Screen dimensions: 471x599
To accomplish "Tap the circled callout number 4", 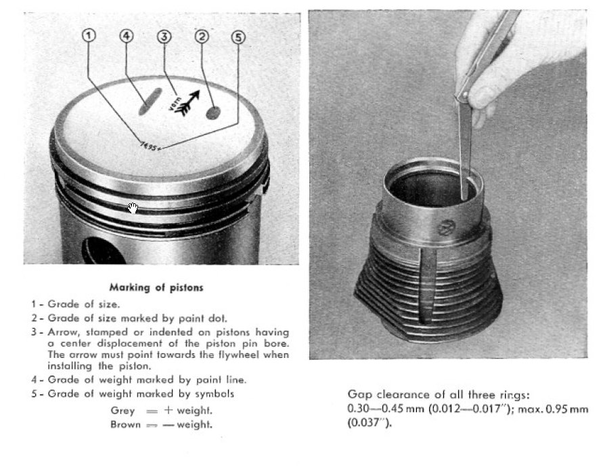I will (127, 36).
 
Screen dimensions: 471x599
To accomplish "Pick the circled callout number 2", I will (200, 36).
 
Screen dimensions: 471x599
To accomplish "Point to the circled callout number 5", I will (238, 37).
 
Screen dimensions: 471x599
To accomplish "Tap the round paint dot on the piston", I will (213, 113).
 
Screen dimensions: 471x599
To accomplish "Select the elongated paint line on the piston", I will (149, 101).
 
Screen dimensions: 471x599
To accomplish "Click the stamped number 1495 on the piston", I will (150, 144).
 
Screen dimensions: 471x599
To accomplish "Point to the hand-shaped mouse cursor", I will (133, 207).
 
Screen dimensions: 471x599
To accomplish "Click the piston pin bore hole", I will (98, 251).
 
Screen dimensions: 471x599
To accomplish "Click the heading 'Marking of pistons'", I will (156, 287).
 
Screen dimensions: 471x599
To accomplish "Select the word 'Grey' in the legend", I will (123, 411).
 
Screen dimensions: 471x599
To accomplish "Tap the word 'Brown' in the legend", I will (125, 424).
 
